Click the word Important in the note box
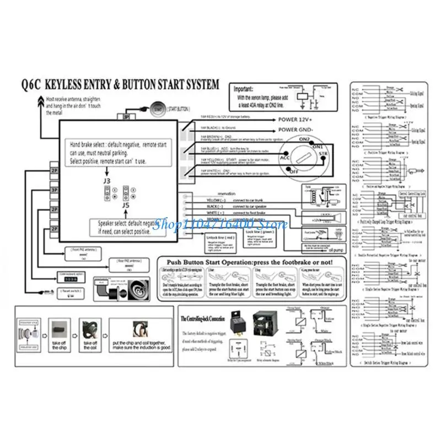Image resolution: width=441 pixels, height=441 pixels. (244, 88)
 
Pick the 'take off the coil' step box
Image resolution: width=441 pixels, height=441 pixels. (90, 334)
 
